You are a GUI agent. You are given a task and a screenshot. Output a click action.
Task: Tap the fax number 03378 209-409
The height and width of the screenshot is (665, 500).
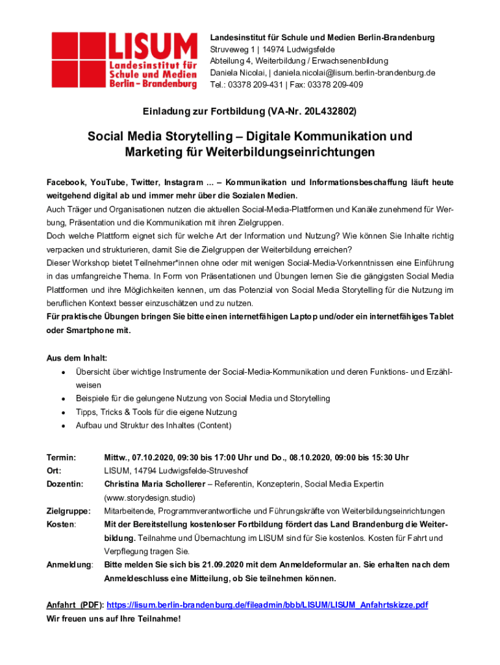pos(342,84)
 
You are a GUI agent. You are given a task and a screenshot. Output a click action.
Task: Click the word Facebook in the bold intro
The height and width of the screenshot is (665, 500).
pos(65,182)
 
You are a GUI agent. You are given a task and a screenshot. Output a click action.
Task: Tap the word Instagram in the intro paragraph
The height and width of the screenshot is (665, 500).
pos(185,182)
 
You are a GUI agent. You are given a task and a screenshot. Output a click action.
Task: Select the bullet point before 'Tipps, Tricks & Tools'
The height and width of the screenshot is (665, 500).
pos(62,412)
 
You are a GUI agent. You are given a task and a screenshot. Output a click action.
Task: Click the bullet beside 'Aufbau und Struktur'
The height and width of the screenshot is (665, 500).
pos(62,426)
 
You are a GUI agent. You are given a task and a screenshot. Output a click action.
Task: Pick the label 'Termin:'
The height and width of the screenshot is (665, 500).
pos(61,457)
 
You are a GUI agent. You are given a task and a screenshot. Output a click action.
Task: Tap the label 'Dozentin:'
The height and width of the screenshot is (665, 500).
pos(65,484)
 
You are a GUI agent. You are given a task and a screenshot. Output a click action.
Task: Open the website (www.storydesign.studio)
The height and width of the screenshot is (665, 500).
pos(150,498)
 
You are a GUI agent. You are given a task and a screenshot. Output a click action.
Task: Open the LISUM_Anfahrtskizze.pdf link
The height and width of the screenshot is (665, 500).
pos(267,605)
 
